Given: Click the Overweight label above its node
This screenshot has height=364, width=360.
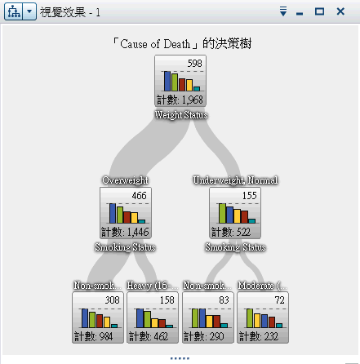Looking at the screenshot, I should tap(125, 180).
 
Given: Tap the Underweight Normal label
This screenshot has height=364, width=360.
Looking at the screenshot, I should tap(235, 180).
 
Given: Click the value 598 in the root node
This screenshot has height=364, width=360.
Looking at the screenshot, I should tap(194, 64).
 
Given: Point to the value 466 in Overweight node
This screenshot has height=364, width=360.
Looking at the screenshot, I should tap(140, 196).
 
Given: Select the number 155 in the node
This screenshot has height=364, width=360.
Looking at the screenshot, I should tap(250, 196).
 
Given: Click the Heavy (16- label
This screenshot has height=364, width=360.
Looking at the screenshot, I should tap(152, 286).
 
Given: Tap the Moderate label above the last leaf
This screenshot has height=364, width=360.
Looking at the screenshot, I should tap(262, 286).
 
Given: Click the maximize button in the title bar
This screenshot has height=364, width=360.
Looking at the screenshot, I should tap(320, 11).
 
